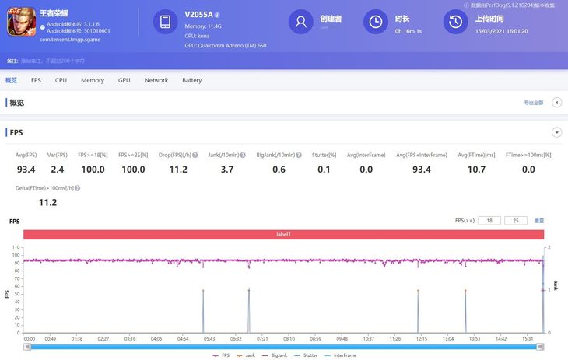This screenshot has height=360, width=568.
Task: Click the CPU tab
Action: point(61,80)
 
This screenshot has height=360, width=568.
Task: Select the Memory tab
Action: point(93,80)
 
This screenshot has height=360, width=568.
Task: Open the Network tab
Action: point(156,80)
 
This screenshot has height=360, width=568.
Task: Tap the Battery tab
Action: point(191,80)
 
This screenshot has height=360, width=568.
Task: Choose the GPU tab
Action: point(124,80)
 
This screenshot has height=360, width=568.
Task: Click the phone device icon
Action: point(165,23)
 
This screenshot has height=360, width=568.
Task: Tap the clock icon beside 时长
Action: point(376,23)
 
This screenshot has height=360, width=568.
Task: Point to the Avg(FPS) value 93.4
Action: point(26,170)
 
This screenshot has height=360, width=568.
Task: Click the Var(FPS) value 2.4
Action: point(58,170)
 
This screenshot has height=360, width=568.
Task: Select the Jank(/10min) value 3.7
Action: point(227,170)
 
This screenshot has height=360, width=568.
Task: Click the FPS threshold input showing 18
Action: point(489,221)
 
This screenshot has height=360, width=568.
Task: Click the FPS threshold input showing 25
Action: point(515,221)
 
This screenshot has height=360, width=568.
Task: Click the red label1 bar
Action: point(283,235)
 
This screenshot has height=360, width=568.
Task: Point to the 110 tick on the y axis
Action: point(16,247)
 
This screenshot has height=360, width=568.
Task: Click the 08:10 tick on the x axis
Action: point(289,339)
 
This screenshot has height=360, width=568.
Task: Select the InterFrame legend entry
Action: point(345,355)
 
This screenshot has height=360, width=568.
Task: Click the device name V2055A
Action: point(199,14)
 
